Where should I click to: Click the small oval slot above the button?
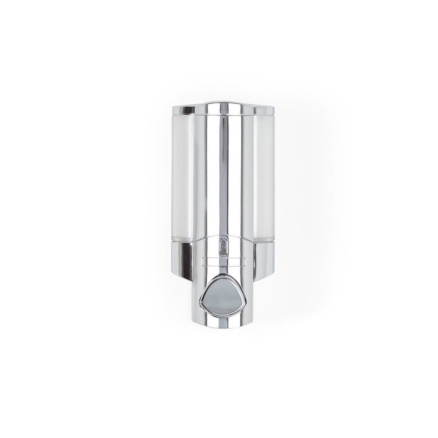coord(223,246)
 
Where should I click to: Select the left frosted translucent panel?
coord(183,175)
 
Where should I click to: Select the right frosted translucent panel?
coord(263,175)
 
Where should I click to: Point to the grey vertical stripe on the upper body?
coord(223,175)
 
